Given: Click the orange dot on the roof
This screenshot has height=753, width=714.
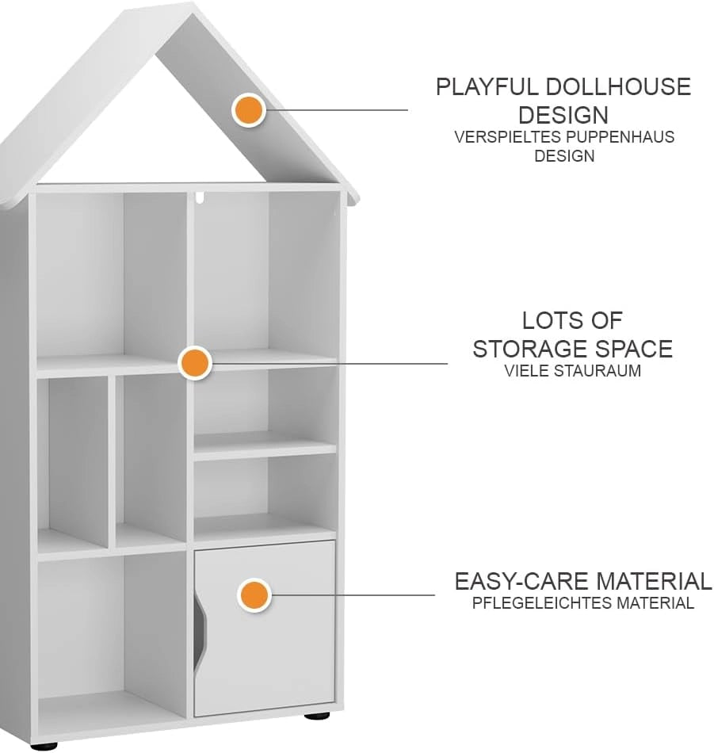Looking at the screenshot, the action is coord(249,110).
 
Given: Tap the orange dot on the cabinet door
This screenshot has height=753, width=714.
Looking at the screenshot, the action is coord(254,595).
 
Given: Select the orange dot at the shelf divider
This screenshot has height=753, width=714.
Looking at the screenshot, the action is coord(195,363).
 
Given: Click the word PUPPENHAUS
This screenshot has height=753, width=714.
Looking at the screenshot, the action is coord(620,137).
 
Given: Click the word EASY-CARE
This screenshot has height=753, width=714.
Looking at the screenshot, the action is coord(521,581).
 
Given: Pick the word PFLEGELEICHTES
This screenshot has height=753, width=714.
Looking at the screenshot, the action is coord(541,602).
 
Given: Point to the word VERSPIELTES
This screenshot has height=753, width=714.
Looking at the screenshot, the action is coord(507,137).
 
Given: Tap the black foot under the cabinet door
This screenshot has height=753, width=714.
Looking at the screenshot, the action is coord(317,716).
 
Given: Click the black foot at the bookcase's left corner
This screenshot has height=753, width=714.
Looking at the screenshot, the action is coord(44,747).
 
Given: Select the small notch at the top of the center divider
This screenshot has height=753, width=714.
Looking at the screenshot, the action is coord(200,197).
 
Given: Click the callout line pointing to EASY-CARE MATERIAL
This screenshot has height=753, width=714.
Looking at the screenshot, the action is coord(352,595).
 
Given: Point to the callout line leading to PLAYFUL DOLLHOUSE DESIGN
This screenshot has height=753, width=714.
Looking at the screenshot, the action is coord(336,110).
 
